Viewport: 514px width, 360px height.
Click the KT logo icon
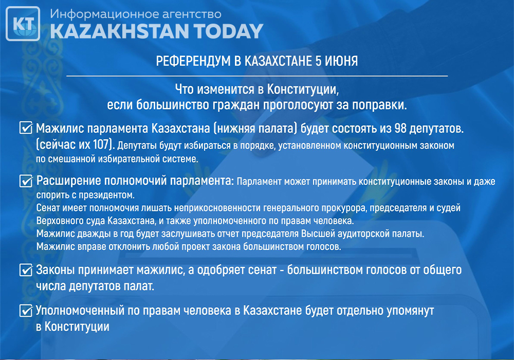[23, 24]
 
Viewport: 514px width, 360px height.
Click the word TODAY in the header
[229, 31]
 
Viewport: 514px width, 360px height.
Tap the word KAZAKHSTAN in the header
[120, 31]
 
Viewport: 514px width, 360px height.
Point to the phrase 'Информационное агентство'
[136, 14]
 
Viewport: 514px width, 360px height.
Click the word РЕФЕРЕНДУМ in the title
[193, 61]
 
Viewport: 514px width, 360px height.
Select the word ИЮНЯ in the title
[341, 61]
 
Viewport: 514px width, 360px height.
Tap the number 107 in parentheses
[101, 144]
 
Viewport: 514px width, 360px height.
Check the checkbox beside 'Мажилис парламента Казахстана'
[26, 128]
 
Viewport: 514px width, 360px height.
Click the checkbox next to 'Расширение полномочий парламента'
[26, 181]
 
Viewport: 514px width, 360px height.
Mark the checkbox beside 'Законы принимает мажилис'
[26, 270]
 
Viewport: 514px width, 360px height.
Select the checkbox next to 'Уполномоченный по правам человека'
[26, 311]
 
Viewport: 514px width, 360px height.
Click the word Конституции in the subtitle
[303, 89]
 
